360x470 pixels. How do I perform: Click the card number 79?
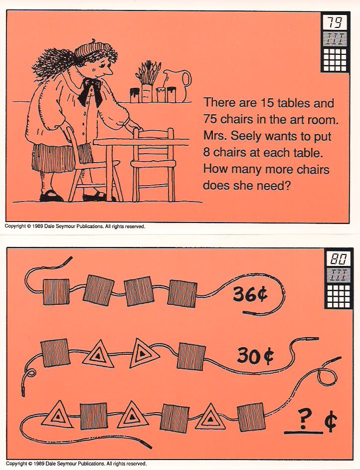[335, 21]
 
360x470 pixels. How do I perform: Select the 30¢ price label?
[255, 356]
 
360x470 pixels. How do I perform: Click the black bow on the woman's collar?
[90, 91]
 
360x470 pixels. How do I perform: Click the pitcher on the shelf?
[178, 85]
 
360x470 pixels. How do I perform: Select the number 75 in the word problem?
[210, 119]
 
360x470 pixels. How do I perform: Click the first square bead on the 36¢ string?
[56, 292]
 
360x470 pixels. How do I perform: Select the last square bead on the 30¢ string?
[191, 356]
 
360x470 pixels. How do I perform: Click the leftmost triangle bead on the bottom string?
[58, 415]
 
